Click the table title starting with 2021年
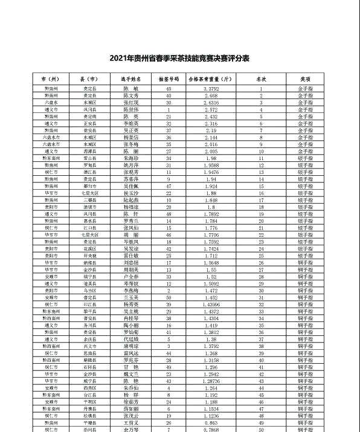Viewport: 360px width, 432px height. tap(180, 58)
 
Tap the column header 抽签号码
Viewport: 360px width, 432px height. tap(169, 79)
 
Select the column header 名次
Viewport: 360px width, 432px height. tap(261, 79)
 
